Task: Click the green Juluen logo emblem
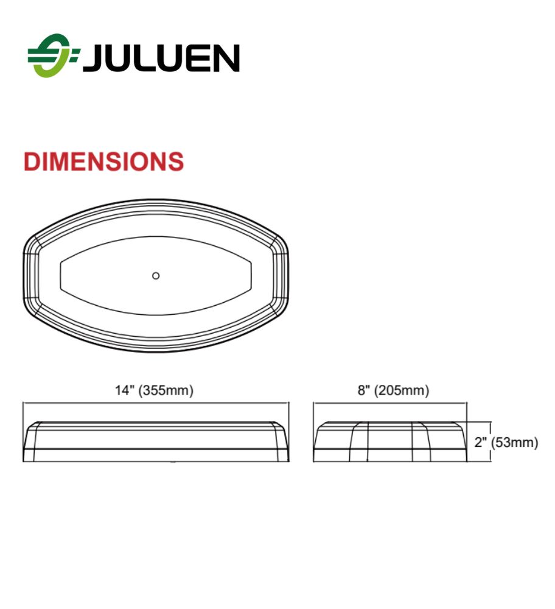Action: pyautogui.click(x=53, y=55)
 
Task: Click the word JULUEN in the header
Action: pyautogui.click(x=161, y=58)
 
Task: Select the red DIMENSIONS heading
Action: pyautogui.click(x=103, y=161)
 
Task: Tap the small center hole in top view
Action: pyautogui.click(x=156, y=276)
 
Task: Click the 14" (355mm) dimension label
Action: pyautogui.click(x=154, y=390)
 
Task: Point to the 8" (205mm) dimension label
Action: pyautogui.click(x=393, y=390)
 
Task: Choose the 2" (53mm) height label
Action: pyautogui.click(x=506, y=442)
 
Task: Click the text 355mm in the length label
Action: pyautogui.click(x=166, y=390)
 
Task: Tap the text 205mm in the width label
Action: pyautogui.click(x=401, y=390)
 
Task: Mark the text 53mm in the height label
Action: pyautogui.click(x=514, y=442)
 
